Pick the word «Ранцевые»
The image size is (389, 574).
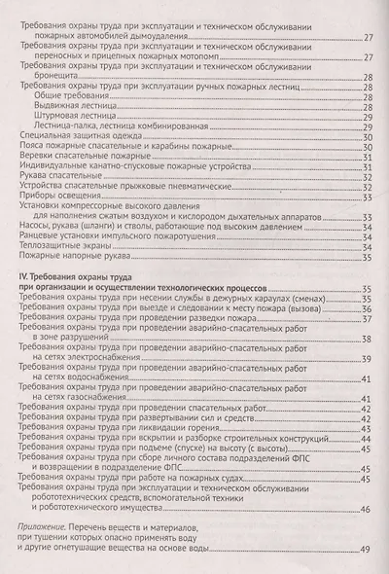40,264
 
